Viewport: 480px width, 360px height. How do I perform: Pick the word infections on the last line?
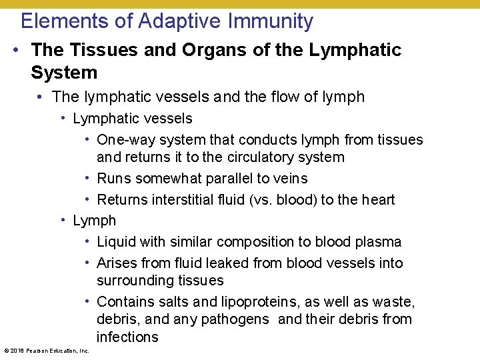[x=127, y=337]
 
